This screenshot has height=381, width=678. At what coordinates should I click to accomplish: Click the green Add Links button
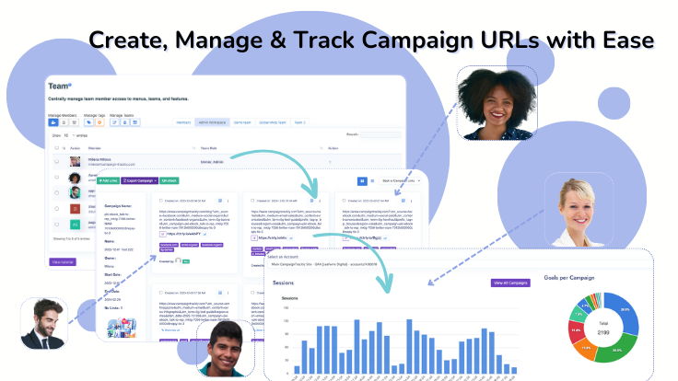click(113, 180)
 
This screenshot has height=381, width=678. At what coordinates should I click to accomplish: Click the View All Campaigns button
click(511, 283)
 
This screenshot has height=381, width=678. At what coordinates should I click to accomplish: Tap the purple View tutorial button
click(62, 262)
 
